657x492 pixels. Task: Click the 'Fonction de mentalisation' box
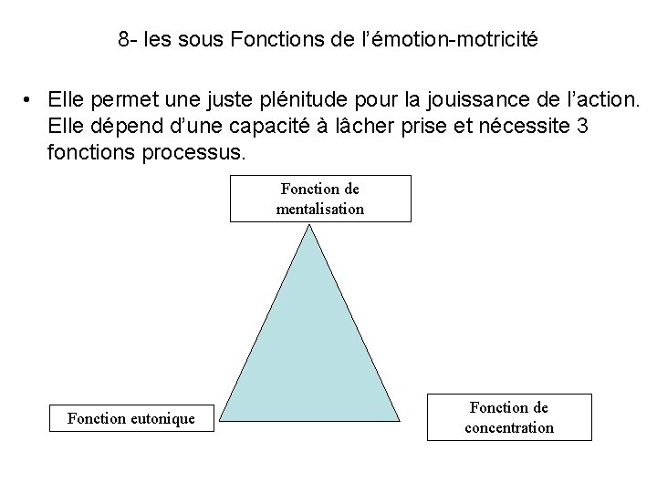tap(320, 199)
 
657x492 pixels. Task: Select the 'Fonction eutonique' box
tap(131, 418)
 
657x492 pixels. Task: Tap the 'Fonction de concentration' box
tap(509, 417)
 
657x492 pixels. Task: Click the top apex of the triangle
tap(311, 227)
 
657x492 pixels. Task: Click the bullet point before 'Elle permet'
tap(30, 97)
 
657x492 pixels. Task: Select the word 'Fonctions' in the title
tap(268, 40)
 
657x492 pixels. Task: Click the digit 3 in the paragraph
tap(582, 126)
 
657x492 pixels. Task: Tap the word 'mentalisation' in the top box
tap(320, 209)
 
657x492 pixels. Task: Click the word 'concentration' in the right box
tap(509, 427)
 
